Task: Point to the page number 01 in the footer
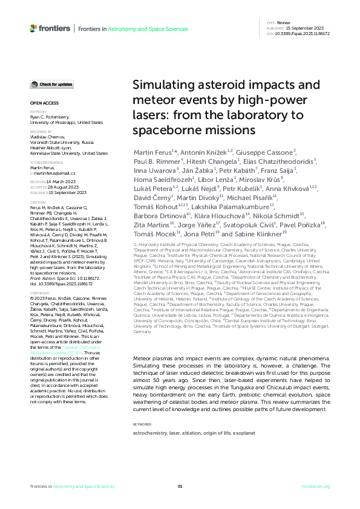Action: coord(180,486)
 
